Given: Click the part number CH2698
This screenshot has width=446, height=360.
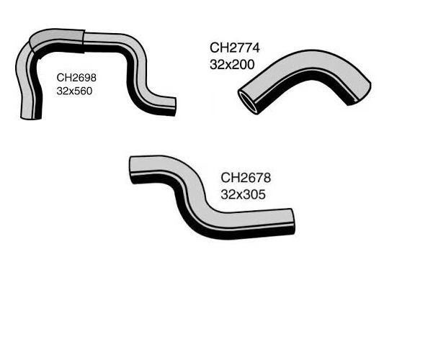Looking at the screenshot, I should tap(76, 77).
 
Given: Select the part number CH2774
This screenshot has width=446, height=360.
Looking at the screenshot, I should tap(234, 48).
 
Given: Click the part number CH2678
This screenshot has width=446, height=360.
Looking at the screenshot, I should tap(245, 178).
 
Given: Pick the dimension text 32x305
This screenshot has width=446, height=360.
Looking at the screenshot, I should tap(244, 194).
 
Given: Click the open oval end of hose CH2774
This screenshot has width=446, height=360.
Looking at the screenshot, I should tap(249, 101).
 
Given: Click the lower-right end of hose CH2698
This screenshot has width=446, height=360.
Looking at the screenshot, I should tap(170, 107).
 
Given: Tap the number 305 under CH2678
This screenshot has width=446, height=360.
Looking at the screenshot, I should tap(256, 194).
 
